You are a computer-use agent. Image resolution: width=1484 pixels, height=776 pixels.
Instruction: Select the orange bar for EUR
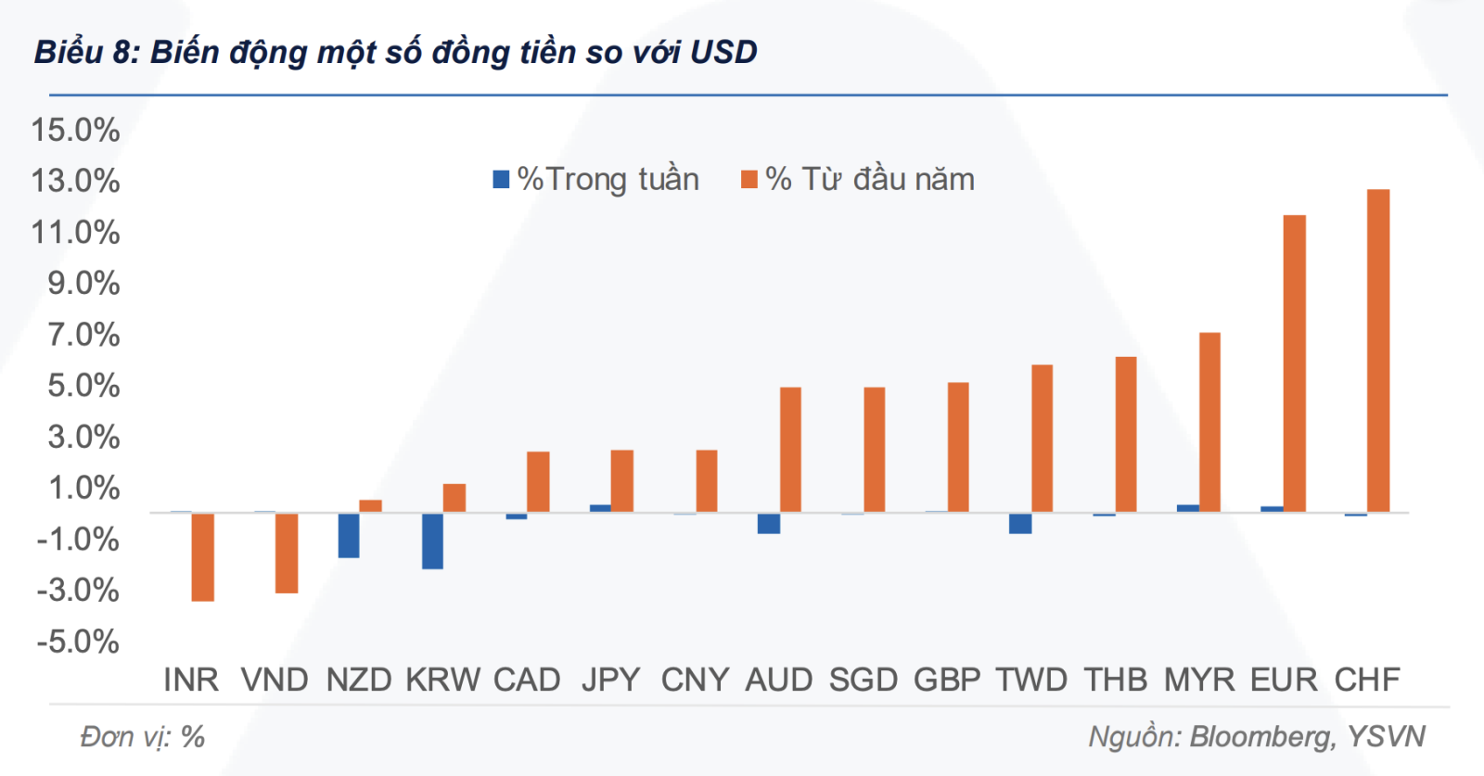pyautogui.click(x=1294, y=363)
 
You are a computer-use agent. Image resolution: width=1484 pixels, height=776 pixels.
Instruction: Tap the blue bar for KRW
pyautogui.click(x=432, y=541)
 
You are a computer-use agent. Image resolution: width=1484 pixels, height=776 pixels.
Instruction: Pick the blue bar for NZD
pyautogui.click(x=349, y=535)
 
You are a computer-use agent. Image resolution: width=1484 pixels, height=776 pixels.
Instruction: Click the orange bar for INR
pyautogui.click(x=203, y=556)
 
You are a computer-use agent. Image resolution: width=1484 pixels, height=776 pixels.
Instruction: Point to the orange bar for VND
pyautogui.click(x=287, y=553)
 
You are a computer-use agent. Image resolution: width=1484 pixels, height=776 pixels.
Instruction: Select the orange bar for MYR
pyautogui.click(x=1209, y=422)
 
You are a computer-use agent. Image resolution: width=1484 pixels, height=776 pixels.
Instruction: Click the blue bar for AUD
pyautogui.click(x=768, y=523)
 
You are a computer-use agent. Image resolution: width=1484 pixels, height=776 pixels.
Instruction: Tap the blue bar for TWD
pyautogui.click(x=1020, y=523)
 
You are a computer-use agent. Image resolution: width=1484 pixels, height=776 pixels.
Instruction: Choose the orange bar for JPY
pyautogui.click(x=622, y=481)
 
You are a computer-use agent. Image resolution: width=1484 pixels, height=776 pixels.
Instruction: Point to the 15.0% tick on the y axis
pyautogui.click(x=76, y=130)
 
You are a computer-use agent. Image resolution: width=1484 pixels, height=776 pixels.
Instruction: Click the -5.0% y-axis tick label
pyautogui.click(x=78, y=642)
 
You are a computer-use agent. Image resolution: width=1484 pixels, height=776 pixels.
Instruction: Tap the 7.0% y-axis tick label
pyautogui.click(x=83, y=335)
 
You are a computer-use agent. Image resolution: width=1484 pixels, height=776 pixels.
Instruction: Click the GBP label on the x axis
pyautogui.click(x=947, y=680)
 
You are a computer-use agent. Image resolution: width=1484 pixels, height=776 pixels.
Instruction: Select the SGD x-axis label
pyautogui.click(x=863, y=680)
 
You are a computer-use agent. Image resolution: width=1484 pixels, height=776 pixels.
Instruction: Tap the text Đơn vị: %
pyautogui.click(x=142, y=737)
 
